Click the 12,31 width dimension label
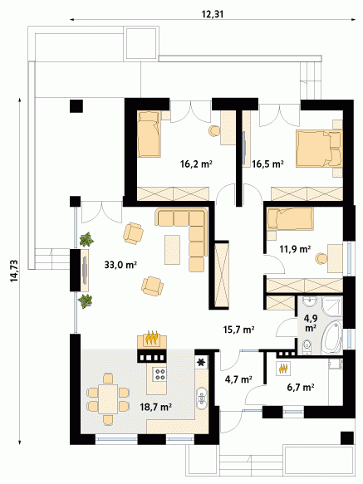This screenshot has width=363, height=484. coord(213,14)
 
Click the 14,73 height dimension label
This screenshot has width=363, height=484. coord(14,271)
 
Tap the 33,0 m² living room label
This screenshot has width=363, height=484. coord(120,265)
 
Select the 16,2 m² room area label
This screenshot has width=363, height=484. coord(196,164)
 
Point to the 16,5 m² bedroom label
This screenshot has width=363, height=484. coord(267,164)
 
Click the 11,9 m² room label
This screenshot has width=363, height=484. coord(295,249)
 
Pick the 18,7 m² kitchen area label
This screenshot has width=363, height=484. coord(156,407)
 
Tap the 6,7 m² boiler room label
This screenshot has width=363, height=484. coord(301,387)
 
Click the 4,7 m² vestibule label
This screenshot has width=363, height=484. coord(238,379)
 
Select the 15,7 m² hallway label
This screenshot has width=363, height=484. coord(238,330)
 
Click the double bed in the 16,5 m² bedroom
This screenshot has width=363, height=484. coord(319,149)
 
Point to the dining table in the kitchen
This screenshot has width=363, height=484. coord(108,399)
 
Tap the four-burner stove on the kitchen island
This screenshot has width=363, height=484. coord(160,374)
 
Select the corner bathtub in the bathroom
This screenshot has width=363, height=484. coord(332,337)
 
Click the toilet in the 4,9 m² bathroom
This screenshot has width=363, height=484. coord(307,345)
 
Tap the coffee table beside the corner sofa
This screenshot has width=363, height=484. coord(173,250)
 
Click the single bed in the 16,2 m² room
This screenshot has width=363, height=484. coord(149,134)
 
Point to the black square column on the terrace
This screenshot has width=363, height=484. coord(76,106)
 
